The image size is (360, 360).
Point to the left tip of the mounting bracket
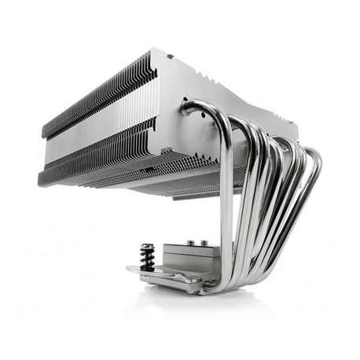tap(129, 270)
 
